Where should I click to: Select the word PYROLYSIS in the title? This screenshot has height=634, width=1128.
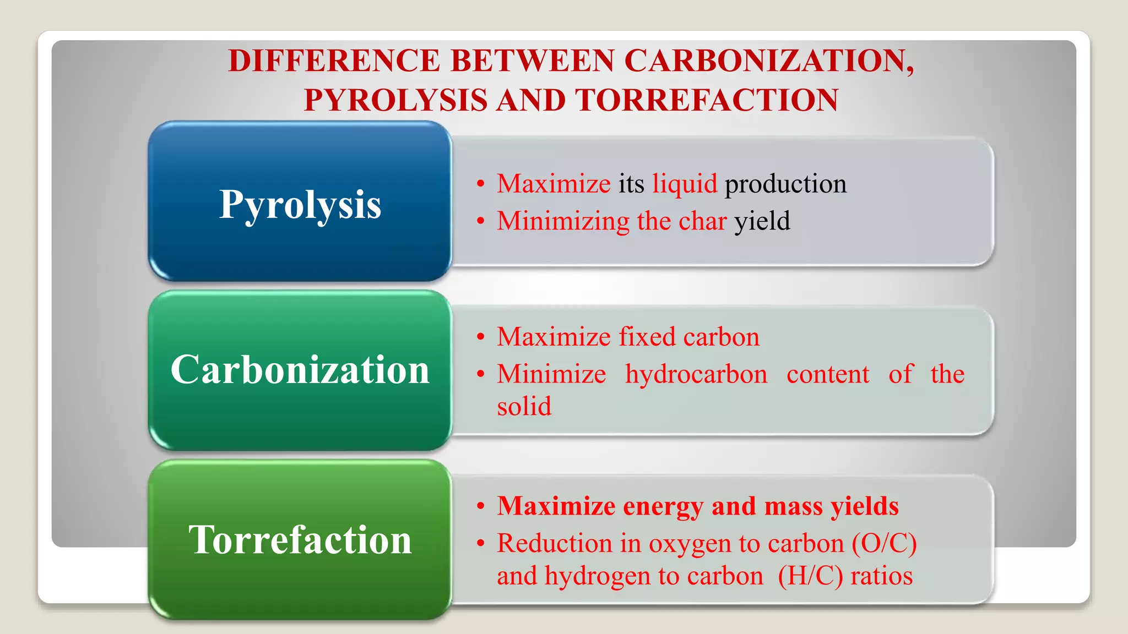(395, 100)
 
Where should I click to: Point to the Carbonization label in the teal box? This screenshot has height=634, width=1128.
(300, 370)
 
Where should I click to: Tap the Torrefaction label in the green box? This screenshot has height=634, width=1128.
(300, 540)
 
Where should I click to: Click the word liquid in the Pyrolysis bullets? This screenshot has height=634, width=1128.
(685, 184)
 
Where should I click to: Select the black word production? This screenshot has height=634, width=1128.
(785, 184)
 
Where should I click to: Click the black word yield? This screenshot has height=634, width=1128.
(762, 221)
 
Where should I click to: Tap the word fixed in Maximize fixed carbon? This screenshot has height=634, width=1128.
(647, 337)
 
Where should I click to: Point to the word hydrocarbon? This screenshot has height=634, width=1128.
(696, 374)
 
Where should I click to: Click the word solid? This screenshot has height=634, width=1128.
(524, 407)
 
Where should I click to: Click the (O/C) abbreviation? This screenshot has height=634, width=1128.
(884, 544)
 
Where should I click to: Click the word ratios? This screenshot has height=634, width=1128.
(881, 576)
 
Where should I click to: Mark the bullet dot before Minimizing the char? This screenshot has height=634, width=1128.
(481, 221)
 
